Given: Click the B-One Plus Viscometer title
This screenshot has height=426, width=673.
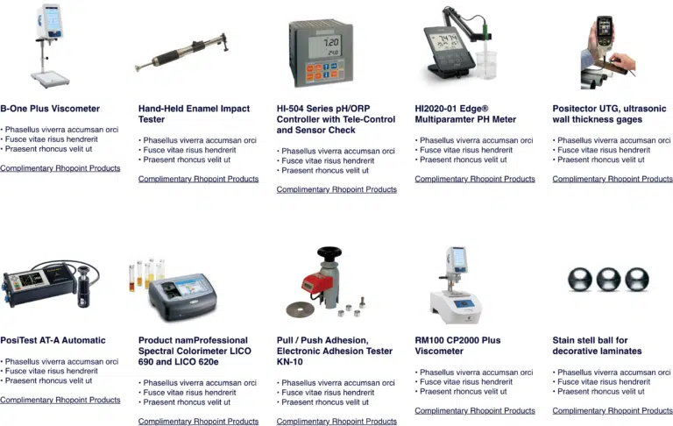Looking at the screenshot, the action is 50,109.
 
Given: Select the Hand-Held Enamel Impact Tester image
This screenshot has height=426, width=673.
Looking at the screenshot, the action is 181,53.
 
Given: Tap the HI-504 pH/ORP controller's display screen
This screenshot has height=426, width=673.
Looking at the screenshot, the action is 325,46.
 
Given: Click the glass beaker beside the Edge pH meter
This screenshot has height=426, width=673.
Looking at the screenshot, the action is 486,64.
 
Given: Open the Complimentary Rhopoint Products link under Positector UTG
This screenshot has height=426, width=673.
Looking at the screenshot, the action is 613,179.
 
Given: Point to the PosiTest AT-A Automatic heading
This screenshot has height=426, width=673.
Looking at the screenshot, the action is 53,341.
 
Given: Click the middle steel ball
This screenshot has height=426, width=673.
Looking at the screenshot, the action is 608,279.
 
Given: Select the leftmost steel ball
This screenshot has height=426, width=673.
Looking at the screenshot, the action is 580,279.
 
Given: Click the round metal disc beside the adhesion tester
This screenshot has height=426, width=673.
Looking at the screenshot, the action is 300,309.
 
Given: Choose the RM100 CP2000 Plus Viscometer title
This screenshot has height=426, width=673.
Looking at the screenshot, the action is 457,345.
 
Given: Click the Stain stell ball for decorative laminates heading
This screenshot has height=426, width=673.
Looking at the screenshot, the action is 597,345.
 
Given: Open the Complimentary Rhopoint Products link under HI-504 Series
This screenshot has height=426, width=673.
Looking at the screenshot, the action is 336,190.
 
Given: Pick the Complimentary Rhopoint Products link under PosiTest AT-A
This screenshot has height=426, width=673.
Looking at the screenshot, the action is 60,401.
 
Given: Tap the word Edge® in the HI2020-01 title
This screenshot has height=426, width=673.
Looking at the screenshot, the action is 474,109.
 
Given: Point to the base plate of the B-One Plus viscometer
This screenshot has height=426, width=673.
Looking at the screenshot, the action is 50,80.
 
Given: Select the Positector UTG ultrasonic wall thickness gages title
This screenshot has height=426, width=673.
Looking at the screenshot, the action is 610,114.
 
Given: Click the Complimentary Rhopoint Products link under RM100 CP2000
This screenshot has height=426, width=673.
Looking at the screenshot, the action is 475,411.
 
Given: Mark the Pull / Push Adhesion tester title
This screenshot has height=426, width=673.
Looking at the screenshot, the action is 335,351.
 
